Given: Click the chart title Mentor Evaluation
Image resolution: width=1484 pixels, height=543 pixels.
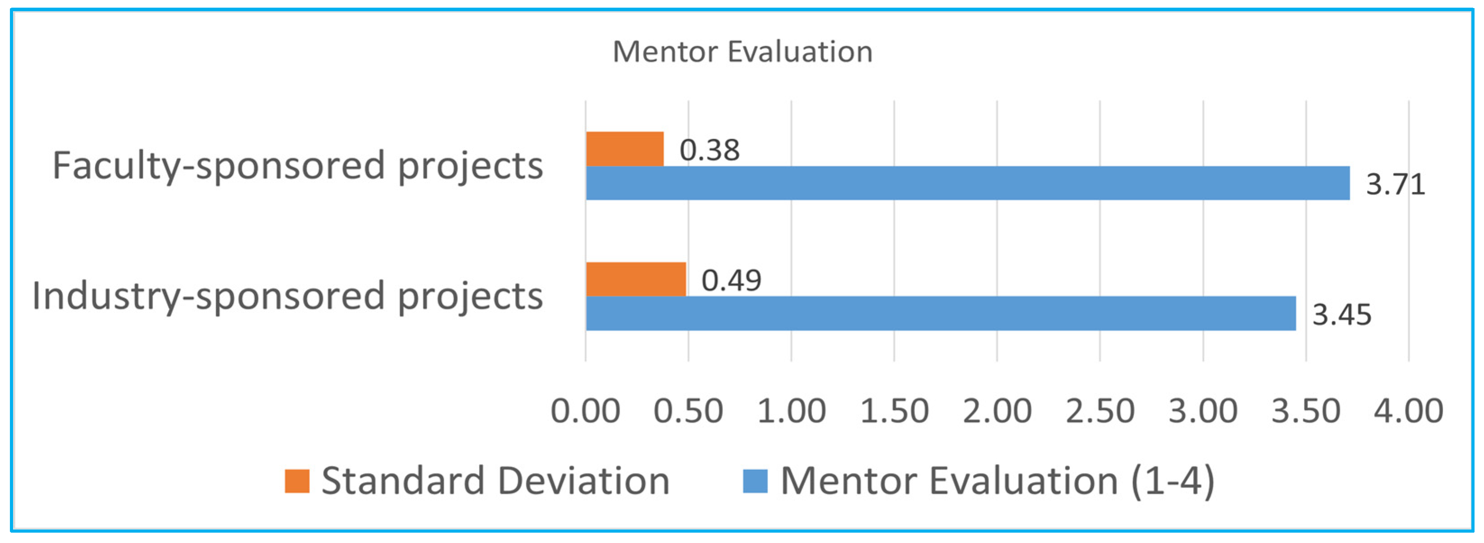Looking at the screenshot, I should click(742, 52).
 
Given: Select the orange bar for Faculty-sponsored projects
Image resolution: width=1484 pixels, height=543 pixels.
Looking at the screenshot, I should click(625, 149).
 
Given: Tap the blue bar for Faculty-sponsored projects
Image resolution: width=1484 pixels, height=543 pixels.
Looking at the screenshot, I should click(967, 183).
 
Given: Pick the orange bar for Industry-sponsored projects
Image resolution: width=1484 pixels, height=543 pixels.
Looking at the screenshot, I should click(635, 279).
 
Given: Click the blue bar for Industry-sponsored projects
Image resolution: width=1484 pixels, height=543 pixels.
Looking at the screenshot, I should click(940, 313).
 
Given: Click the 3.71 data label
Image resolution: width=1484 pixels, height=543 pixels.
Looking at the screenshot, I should click(1395, 184).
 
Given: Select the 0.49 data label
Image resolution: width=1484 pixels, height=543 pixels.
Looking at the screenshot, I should click(731, 280).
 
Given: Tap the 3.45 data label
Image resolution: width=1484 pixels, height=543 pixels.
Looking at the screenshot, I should click(1342, 315).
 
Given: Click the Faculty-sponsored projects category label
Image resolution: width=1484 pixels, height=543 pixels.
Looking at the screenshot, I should click(298, 166).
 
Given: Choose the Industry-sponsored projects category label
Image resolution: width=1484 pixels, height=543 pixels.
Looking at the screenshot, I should click(288, 296).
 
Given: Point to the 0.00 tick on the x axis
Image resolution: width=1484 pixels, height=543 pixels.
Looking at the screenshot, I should click(585, 411).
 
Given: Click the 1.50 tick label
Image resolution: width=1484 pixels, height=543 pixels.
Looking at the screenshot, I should click(894, 411).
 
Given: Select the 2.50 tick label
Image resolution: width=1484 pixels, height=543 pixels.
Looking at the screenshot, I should click(1100, 411).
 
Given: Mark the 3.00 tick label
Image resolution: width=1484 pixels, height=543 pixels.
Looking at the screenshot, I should click(1203, 411).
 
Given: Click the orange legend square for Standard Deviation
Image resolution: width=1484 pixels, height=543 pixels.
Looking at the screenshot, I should click(297, 481).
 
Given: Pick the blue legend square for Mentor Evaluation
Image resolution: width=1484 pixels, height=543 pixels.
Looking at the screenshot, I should click(755, 481).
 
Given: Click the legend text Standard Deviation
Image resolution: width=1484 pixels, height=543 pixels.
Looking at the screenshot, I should click(495, 481).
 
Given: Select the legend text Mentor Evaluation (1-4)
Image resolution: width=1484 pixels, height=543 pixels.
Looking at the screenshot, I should click(997, 481).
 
